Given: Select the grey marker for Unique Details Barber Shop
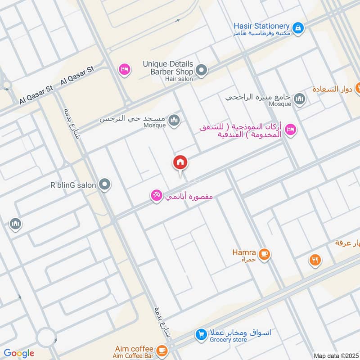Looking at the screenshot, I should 202,71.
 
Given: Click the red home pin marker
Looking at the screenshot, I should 180,162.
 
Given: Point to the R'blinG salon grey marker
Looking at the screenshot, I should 105,184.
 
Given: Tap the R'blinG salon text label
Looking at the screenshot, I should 73,185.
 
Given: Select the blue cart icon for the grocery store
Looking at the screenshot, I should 201,335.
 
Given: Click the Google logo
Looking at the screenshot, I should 19,353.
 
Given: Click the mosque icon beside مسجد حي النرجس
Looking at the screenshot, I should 175,121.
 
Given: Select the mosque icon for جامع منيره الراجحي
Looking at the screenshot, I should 299,99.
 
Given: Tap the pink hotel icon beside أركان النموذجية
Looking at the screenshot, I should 291,130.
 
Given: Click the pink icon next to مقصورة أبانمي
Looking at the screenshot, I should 157,196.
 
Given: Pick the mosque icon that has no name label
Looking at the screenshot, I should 15,224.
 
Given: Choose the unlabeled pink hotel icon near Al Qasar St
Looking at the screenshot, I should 124,69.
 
